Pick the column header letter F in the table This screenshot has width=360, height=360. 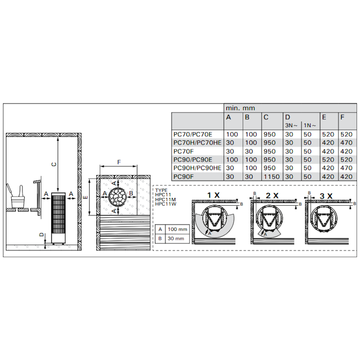coord(342,117)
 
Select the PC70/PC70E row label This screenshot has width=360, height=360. coord(192,134)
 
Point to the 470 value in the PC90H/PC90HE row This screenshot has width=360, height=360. coord(346,168)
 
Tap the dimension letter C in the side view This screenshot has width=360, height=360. coord(54,164)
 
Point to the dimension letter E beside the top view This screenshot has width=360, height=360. coord(85,196)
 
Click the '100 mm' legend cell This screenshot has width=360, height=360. coord(177,229)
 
